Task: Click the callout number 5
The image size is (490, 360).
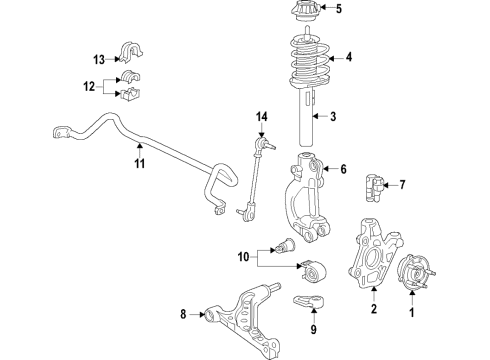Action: (x=338, y=11)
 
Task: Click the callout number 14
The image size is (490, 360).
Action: (x=262, y=119)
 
